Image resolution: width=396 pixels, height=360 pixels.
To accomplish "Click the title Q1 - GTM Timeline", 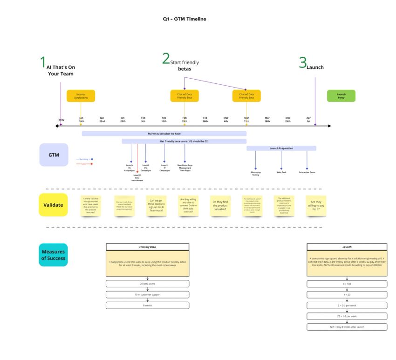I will tap(184, 19).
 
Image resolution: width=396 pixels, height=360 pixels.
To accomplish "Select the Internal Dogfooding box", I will tap(81, 96).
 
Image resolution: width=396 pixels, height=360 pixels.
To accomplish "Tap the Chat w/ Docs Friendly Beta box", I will tap(184, 96).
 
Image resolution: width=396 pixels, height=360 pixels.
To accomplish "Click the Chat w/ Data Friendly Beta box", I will tap(246, 96).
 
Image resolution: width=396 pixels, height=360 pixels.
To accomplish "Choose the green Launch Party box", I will tap(341, 96).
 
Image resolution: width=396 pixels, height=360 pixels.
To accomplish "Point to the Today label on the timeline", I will tap(61, 120).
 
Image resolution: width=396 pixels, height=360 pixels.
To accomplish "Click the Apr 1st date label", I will tap(308, 120).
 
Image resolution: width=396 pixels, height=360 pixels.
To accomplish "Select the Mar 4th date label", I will tap(226, 120).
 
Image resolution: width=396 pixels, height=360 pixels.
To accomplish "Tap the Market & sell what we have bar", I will tap(164, 134).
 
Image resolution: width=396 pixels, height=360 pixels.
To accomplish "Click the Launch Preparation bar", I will tap(281, 148).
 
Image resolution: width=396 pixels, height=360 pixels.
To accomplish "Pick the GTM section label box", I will tap(54, 155).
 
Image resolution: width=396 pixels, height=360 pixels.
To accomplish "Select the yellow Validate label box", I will tap(53, 204).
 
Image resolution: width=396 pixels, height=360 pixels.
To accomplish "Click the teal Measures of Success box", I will tap(53, 255).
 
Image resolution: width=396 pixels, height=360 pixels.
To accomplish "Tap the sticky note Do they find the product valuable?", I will tap(220, 205).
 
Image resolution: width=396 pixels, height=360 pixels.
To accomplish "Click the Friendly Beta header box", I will tap(147, 247).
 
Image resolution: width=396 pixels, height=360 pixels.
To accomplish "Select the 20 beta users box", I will tap(147, 284).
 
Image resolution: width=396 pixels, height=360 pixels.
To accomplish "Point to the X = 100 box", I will tap(347, 284).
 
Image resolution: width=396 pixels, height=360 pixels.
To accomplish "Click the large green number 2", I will tap(166, 59).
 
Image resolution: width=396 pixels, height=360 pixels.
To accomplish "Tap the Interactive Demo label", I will tap(307, 172).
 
